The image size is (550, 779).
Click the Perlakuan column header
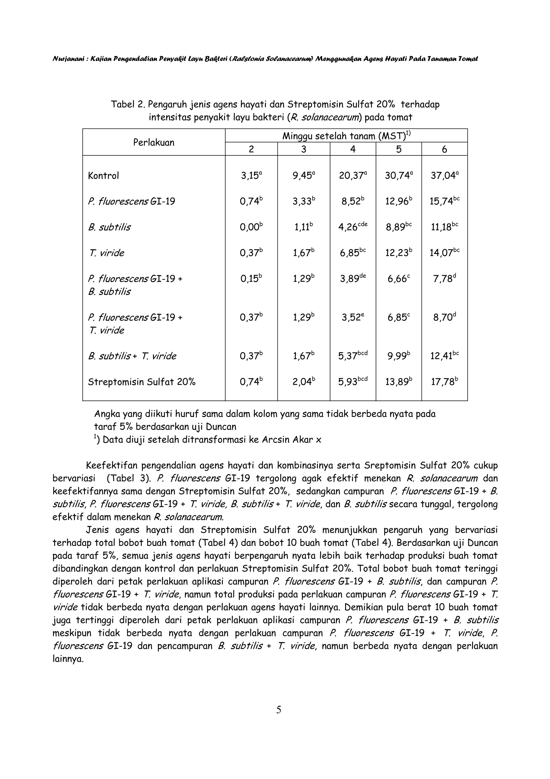[x=154, y=142]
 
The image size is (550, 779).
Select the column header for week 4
[x=353, y=149]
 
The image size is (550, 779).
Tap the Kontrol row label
[x=103, y=176]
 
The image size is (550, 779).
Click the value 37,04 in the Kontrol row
[x=444, y=176]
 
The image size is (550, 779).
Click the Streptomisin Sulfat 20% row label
[x=142, y=382]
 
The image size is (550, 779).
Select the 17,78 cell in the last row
[x=444, y=382]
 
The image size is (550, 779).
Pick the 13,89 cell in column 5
[x=398, y=382]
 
